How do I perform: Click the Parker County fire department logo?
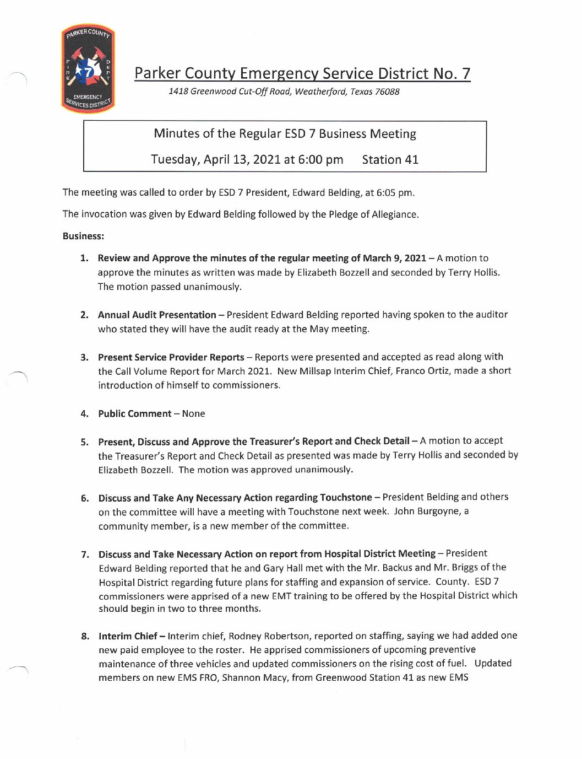click(x=88, y=69)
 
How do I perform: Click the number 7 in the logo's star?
click(x=88, y=71)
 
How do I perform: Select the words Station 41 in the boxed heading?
click(x=390, y=160)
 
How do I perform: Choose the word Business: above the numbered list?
click(x=83, y=236)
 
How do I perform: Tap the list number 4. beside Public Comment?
click(x=84, y=414)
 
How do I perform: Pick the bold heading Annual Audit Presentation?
click(x=157, y=315)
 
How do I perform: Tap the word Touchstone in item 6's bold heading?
click(x=346, y=498)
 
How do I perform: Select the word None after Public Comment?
click(x=193, y=414)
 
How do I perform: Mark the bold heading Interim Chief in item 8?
click(x=128, y=636)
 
